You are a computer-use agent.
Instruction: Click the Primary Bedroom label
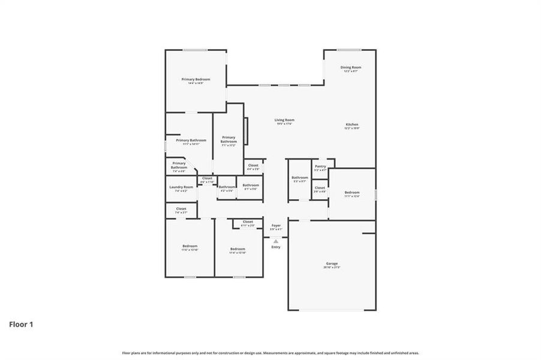tap(196, 79)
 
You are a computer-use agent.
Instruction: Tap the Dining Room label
tap(351, 67)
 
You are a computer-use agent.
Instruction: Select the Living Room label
tap(284, 120)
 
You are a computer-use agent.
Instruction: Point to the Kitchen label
tap(351, 124)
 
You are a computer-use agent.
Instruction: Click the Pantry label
tap(320, 166)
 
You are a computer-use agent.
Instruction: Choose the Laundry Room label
tap(181, 187)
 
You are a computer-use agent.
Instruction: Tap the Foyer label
tap(276, 226)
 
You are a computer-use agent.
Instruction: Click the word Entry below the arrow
tap(275, 247)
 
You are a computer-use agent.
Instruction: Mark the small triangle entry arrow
tap(276, 241)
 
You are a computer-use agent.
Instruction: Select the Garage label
tap(332, 264)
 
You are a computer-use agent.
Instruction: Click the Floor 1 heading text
tap(21, 325)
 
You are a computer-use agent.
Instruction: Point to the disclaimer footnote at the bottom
tap(270, 353)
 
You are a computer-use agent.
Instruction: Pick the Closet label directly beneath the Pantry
tap(320, 188)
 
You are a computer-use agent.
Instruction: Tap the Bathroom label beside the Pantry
tap(299, 178)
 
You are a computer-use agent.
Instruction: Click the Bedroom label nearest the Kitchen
tap(351, 193)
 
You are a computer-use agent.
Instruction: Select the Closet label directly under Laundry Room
tap(181, 209)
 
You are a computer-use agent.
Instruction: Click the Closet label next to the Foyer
tap(248, 221)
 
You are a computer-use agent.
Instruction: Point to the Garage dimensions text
tap(332, 268)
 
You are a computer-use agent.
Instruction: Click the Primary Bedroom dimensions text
tap(196, 83)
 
